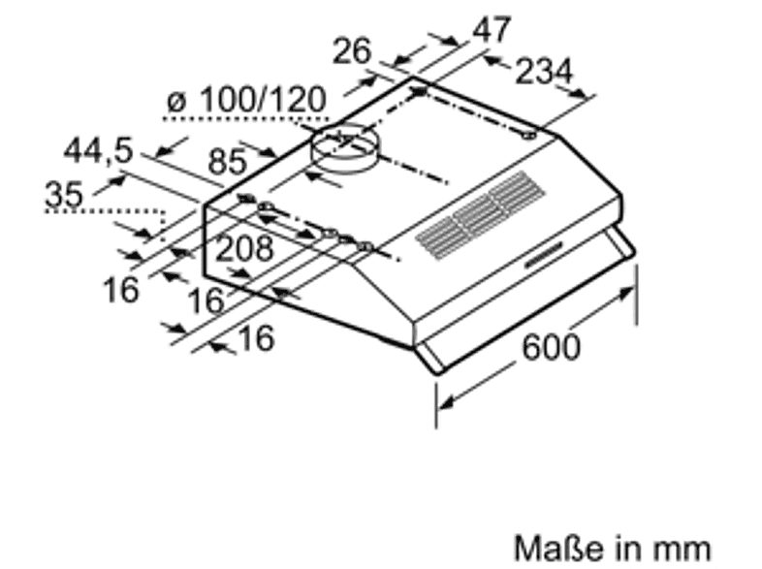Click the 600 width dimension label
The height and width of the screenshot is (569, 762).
[x=551, y=346]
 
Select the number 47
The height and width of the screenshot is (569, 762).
[x=491, y=30]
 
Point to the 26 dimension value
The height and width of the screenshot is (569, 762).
[x=352, y=50]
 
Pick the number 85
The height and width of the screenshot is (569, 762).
[x=229, y=162]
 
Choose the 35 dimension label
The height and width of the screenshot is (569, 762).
[x=64, y=194]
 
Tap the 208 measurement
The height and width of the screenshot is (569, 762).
[x=243, y=249]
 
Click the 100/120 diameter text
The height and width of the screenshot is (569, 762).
[x=258, y=100]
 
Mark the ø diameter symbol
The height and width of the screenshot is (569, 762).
[x=175, y=100]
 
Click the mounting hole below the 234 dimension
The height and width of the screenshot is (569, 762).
[x=529, y=137]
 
